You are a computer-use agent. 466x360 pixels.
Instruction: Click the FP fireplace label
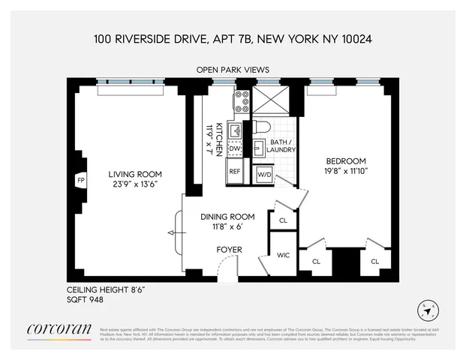coord(80,181)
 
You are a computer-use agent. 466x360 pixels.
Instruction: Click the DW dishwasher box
coord(233,149)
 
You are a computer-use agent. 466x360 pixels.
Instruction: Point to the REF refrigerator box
coord(234,172)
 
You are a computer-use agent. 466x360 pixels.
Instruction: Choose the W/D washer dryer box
coord(264,174)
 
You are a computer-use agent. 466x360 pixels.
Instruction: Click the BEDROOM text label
coord(344,161)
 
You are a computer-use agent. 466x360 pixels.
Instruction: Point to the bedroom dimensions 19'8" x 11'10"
coord(344,171)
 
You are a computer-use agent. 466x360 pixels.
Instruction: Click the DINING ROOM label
coord(228,217)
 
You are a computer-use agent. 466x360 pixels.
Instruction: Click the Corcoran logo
coord(59,329)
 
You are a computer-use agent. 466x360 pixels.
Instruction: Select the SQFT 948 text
coord(84,299)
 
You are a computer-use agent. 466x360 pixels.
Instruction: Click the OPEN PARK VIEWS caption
coord(233,70)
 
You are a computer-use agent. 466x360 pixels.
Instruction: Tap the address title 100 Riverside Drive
coord(233,37)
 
